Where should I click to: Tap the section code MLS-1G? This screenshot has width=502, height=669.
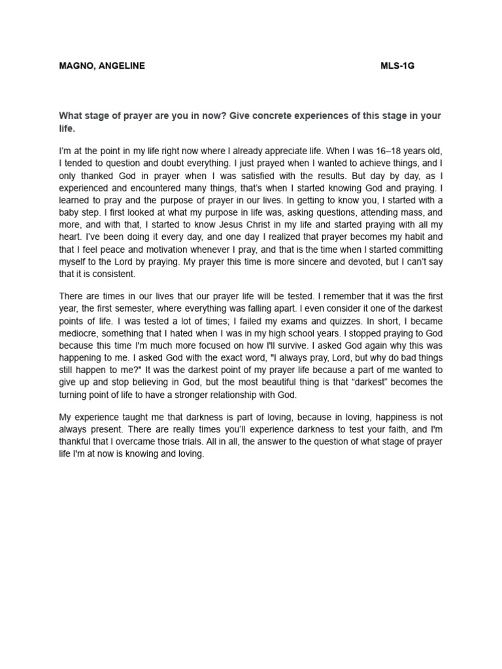click(x=398, y=66)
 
